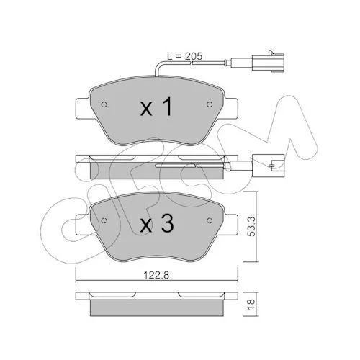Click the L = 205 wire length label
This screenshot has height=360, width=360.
pos(185,56)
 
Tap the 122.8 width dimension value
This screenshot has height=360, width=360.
pos(156,275)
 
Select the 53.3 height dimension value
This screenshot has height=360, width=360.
pos(251,226)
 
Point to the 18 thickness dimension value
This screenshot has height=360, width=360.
pos(251,304)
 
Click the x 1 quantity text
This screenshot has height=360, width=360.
pos(156,107)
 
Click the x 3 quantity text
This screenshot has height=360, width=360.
pos(157,223)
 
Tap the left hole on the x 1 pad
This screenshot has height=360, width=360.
pos(104,104)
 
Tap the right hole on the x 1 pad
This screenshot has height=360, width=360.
pos(210,104)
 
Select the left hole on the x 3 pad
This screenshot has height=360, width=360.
pos(104,220)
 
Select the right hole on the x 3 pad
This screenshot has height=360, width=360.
pos(210,220)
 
